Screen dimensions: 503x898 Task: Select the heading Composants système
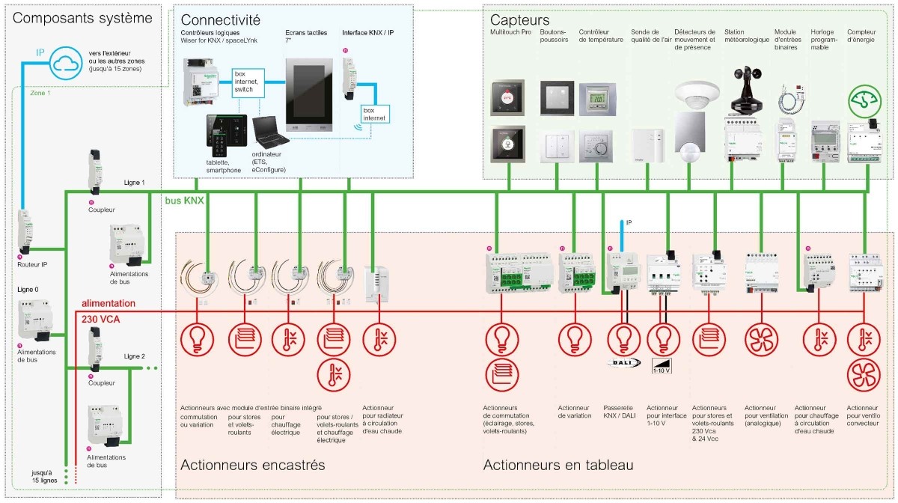click(82, 18)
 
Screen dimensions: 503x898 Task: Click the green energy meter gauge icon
click(864, 101)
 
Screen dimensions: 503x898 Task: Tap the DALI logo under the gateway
click(623, 362)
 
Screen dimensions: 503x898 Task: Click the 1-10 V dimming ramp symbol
click(663, 362)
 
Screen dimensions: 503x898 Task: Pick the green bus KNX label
click(184, 201)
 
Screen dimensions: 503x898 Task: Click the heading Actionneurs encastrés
click(252, 465)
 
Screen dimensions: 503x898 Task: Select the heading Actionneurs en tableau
click(558, 465)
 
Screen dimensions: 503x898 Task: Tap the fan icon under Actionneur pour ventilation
click(761, 338)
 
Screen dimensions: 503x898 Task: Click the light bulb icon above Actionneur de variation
click(574, 338)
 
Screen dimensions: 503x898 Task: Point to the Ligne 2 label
click(134, 356)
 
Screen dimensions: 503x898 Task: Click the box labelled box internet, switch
click(248, 82)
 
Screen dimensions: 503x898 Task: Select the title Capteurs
click(519, 20)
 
